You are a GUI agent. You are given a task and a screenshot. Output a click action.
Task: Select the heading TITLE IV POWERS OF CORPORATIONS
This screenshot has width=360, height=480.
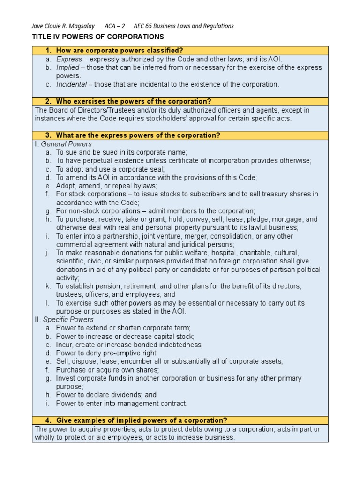[97, 37]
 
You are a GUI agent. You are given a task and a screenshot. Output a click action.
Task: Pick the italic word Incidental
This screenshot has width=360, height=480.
[71, 84]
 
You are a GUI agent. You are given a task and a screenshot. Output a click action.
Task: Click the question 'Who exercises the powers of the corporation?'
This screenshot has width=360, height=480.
[134, 101]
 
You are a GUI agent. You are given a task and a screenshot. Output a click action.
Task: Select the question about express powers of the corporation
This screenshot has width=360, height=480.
[138, 135]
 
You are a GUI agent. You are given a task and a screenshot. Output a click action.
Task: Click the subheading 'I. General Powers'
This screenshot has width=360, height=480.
[63, 144]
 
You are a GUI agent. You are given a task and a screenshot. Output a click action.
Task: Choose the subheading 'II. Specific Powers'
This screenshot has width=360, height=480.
[63, 319]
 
